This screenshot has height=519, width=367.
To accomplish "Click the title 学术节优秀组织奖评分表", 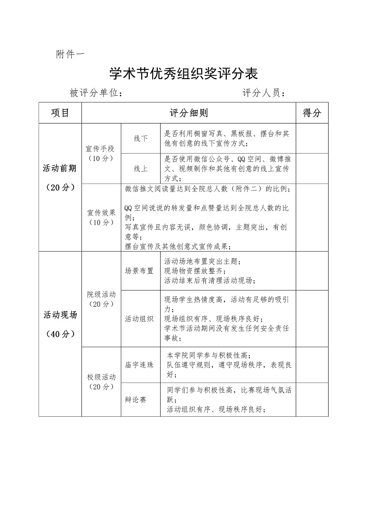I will point(183,73).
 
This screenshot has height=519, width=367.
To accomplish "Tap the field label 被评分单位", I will point(96,93).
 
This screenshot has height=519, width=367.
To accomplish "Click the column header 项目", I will point(60,113).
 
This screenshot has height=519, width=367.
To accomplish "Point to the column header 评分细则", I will point(188,113).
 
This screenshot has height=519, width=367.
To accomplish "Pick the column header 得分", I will point(311,113).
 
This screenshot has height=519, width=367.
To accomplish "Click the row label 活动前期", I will point(60,168).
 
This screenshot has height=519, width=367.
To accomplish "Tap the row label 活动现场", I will point(60,315).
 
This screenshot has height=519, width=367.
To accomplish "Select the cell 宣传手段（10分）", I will point(101,153).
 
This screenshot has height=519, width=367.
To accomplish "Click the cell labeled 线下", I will point(141,139).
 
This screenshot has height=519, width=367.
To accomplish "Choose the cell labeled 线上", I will point(141,169).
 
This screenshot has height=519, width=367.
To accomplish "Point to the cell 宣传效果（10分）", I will point(101,217).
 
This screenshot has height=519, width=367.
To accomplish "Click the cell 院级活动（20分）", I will point(101,299).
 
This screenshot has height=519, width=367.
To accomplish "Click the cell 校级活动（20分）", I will point(101,382).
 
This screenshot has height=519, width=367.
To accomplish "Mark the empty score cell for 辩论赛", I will point(311,400).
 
